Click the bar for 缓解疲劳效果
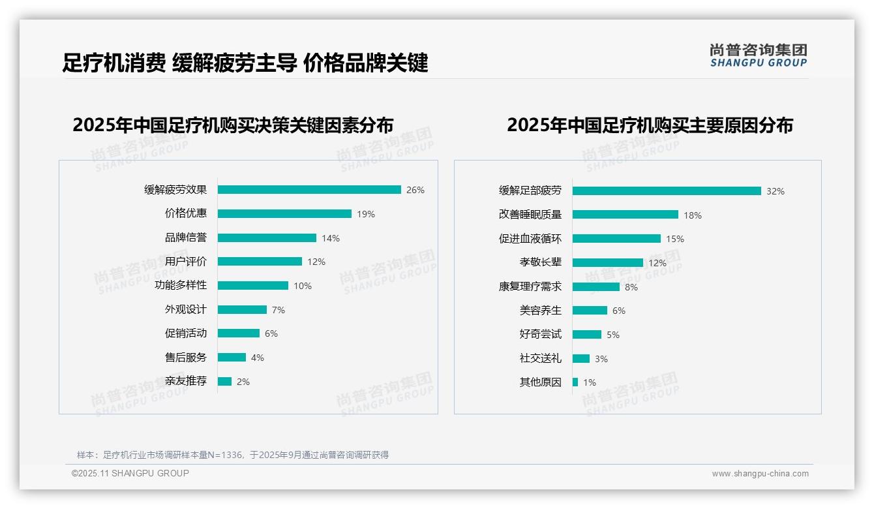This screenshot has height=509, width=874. (x=309, y=190)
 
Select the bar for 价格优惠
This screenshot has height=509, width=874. (x=284, y=214)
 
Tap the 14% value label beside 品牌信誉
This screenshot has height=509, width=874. (x=331, y=238)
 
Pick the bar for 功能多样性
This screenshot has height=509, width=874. (x=253, y=286)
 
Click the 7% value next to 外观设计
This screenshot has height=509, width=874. (x=279, y=310)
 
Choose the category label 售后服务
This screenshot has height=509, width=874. (x=185, y=358)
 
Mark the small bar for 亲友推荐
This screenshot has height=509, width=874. (x=224, y=382)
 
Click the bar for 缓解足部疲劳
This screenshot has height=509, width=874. (x=667, y=191)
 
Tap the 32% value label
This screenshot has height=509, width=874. (x=776, y=191)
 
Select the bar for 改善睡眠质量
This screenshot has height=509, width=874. (x=625, y=215)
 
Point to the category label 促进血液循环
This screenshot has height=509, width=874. (x=530, y=239)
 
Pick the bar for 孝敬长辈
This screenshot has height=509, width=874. (x=608, y=263)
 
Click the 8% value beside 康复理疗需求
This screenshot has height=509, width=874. (x=631, y=287)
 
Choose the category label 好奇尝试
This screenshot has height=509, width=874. (x=540, y=334)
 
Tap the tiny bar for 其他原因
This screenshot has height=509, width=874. (x=575, y=382)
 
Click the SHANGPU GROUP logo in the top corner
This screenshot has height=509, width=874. (x=759, y=55)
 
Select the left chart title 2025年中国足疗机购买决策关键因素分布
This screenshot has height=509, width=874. (x=233, y=125)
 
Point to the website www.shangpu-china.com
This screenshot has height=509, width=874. (x=760, y=474)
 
